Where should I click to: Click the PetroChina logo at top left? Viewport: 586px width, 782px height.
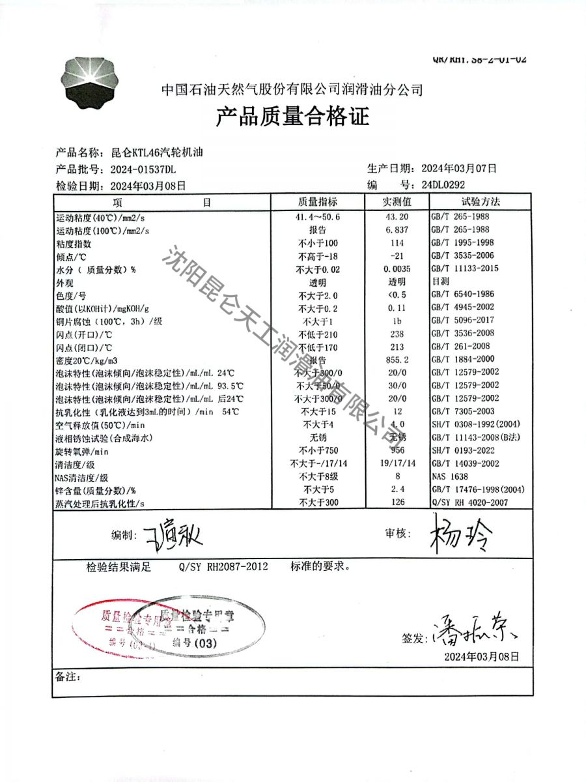coord(93,85)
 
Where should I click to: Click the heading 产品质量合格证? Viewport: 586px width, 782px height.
coord(292,117)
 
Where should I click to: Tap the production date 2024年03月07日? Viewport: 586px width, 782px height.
coord(458,168)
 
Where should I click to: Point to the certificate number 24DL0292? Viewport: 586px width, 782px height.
coord(443,184)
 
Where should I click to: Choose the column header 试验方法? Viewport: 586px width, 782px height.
coord(481,202)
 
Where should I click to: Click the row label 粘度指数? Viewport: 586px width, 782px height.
coord(74,244)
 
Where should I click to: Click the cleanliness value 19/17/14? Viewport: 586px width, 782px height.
coord(397,463)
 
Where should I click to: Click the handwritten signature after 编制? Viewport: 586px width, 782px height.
coord(176,536)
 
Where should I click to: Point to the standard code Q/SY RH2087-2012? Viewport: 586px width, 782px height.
coord(223,567)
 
